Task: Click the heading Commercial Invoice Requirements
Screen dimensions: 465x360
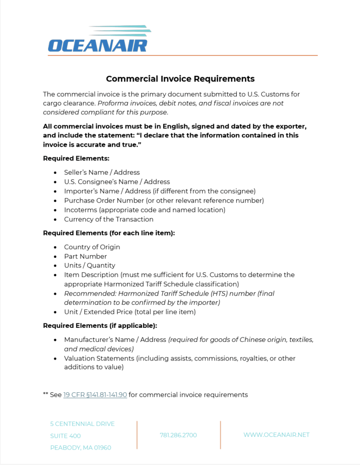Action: coord(180,79)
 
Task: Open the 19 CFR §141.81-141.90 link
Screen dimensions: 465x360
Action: coord(95,395)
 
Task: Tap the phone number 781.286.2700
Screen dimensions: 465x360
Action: coord(178,435)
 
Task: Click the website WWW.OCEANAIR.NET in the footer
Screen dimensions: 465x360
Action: coord(276,435)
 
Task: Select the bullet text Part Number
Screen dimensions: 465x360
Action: coord(85,256)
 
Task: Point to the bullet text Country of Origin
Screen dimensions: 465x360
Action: coord(92,247)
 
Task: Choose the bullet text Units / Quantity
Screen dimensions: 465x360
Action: coord(90,265)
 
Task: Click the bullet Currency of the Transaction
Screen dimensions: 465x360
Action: coord(109,219)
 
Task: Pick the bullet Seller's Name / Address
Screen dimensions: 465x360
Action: coord(102,172)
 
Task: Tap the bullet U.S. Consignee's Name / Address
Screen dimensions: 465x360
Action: coord(117,182)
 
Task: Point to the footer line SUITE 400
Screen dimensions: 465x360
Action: coord(65,436)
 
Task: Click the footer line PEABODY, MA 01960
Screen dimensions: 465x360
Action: coord(80,448)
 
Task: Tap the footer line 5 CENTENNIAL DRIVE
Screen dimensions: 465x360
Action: coord(82,424)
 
